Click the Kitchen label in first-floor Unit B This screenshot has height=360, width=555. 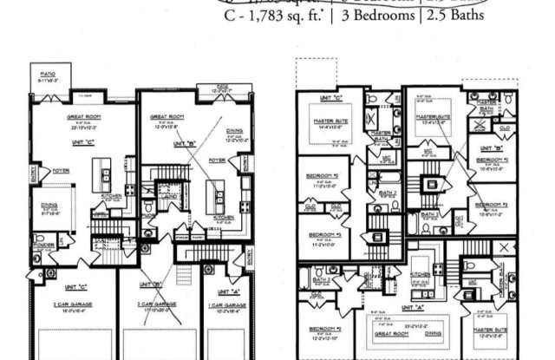click(223, 217)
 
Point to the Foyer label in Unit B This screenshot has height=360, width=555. click(218, 160)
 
